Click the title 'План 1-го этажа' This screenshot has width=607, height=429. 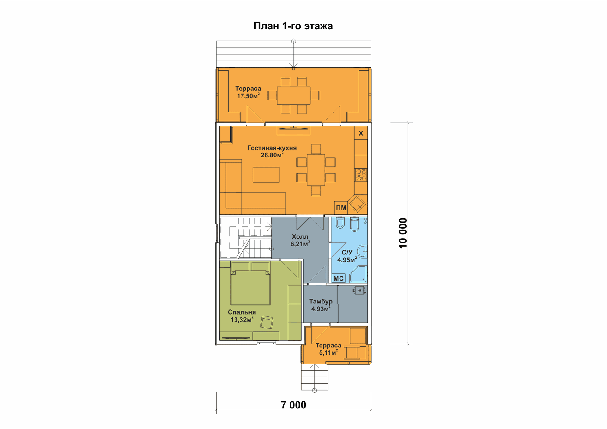[x=293, y=26]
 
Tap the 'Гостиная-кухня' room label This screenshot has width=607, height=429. [x=272, y=148]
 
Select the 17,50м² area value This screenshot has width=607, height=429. [x=248, y=96]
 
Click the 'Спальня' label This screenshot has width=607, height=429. [x=242, y=312]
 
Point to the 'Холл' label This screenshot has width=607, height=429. [x=300, y=237]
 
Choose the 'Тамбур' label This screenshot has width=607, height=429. [x=321, y=302]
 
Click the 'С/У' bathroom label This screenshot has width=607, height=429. [x=347, y=253]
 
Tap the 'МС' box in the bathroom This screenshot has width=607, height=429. [x=339, y=279]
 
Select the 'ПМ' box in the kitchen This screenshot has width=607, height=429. [x=341, y=208]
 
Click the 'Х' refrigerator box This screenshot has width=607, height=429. [x=361, y=133]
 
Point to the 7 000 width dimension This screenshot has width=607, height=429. [x=293, y=405]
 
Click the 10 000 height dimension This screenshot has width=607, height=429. [x=403, y=233]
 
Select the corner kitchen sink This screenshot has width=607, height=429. [x=358, y=204]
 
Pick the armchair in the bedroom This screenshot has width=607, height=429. [x=267, y=322]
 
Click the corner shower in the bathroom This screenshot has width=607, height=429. [x=359, y=274]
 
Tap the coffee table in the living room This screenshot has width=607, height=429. [x=266, y=175]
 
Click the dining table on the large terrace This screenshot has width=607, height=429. [x=294, y=95]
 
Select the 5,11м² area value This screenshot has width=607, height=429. [x=328, y=353]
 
